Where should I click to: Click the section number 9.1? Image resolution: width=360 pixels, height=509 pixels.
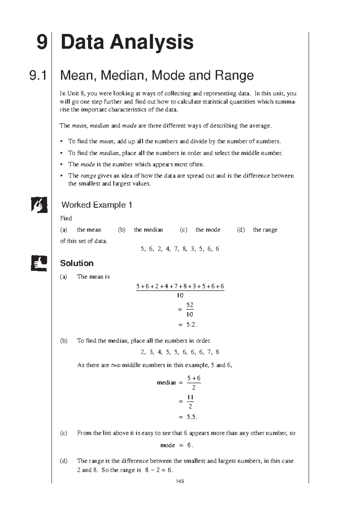click(38, 75)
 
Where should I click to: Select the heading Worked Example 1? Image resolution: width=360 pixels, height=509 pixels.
click(97, 205)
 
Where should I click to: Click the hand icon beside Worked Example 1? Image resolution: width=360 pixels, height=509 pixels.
click(39, 205)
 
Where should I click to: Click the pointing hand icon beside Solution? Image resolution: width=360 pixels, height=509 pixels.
click(39, 263)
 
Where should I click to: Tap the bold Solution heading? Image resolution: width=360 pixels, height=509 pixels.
click(77, 263)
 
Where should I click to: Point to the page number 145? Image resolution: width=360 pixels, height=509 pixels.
click(180, 481)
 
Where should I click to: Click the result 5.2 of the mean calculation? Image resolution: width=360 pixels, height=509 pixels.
click(191, 325)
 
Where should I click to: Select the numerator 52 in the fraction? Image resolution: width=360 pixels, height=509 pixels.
click(190, 305)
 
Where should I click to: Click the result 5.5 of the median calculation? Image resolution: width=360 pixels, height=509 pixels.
click(191, 417)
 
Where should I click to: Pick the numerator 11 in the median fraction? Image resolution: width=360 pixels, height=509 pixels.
click(190, 397)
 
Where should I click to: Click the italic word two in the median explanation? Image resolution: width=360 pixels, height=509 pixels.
click(116, 365)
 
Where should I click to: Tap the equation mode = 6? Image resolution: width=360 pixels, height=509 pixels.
click(177, 445)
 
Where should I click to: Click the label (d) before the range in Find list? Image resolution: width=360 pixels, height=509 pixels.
click(241, 230)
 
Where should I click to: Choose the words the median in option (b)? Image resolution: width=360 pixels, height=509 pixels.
click(148, 230)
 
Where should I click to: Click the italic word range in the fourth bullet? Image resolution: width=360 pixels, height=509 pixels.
click(88, 176)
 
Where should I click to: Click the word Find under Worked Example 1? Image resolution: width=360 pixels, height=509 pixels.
click(66, 218)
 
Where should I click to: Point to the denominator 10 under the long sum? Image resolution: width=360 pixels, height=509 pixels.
click(180, 296)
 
